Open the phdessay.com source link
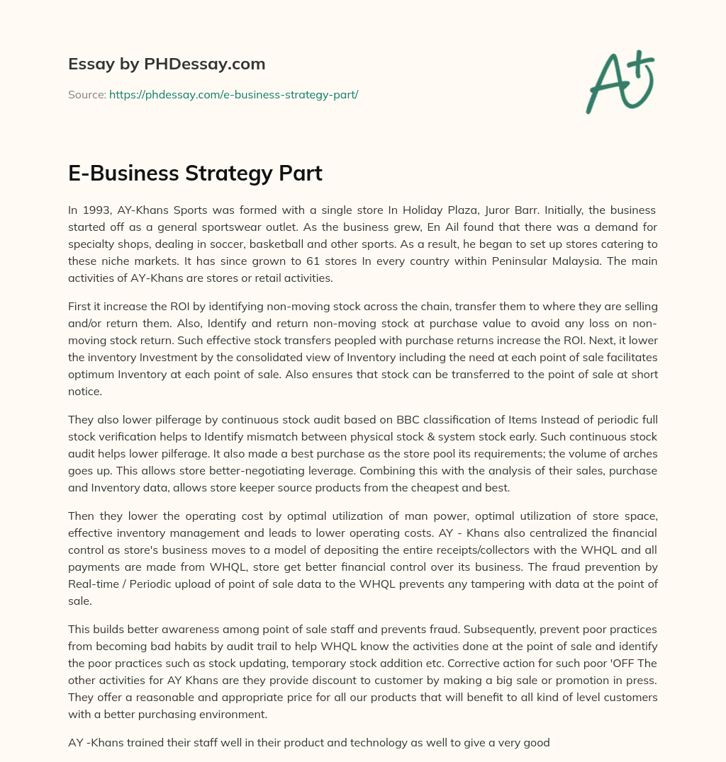coord(233,93)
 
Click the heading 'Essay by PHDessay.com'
coord(167,64)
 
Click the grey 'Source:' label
coord(87,93)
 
